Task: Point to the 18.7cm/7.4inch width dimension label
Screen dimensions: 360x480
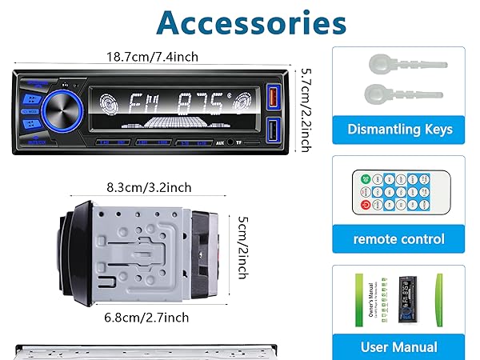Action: click(x=154, y=57)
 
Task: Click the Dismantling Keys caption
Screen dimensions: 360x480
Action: click(x=399, y=129)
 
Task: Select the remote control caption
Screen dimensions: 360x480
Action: click(x=399, y=238)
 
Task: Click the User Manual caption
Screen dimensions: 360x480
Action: click(x=399, y=346)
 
